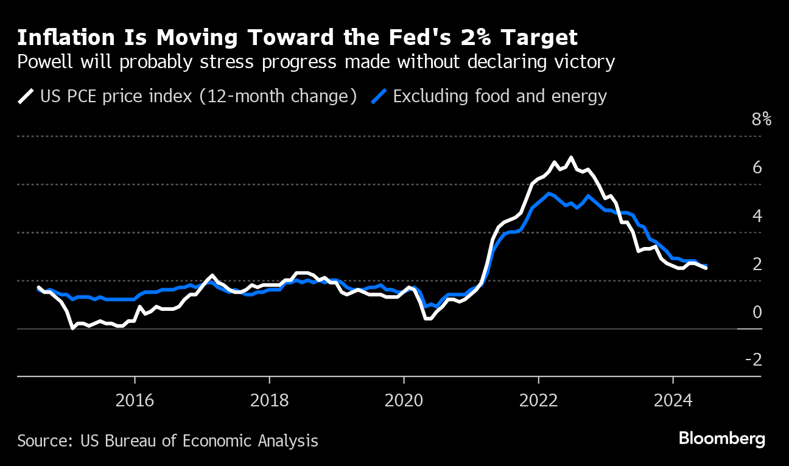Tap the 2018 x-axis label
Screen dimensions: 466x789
[269, 400]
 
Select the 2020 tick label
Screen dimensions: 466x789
[404, 400]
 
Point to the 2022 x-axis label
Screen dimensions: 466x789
[538, 400]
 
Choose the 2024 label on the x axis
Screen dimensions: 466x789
[673, 400]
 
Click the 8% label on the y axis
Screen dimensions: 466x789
[761, 119]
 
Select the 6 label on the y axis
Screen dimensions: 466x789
[757, 167]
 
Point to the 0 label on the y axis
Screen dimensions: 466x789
[757, 312]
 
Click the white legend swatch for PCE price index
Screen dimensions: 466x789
[26, 97]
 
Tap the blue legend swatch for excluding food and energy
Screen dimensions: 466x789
[379, 97]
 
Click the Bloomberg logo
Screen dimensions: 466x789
[722, 439]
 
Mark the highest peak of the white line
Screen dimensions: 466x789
[571, 158]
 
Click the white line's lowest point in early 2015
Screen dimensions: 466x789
[72, 328]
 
